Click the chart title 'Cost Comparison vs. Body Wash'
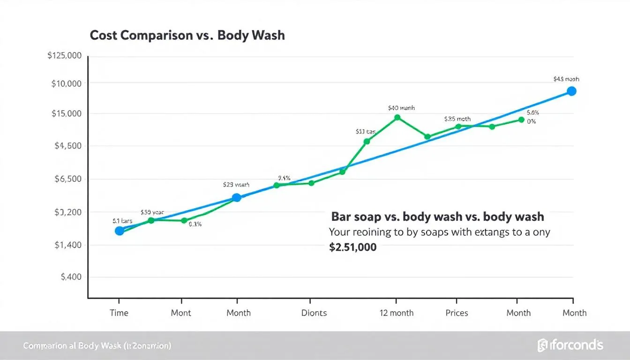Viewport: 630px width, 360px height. click(187, 35)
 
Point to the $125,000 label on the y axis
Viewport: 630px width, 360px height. click(65, 56)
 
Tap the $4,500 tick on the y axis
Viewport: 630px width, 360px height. click(68, 146)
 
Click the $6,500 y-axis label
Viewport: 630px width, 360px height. click(68, 179)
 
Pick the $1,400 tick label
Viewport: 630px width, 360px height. click(68, 245)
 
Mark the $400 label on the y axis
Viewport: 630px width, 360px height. click(71, 277)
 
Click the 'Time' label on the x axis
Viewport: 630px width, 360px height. click(119, 313)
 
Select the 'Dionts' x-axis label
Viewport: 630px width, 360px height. click(314, 313)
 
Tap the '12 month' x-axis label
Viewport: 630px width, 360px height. click(397, 313)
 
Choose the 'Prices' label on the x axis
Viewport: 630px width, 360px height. click(457, 313)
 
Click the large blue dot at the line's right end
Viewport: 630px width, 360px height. click(571, 91)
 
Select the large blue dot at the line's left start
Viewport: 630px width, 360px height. click(120, 231)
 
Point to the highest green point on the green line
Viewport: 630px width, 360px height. click(397, 117)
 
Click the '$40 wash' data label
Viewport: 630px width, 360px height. click(401, 108)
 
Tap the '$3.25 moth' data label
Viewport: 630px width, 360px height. click(457, 119)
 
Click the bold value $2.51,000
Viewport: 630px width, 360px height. click(352, 247)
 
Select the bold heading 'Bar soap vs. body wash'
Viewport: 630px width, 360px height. click(437, 217)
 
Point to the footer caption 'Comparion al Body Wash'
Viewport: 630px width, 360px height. click(97, 346)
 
